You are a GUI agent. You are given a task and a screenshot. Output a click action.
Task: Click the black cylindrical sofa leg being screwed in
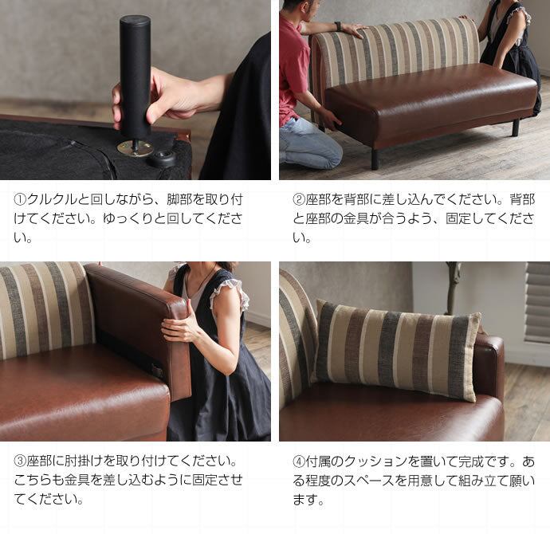coord(135,76)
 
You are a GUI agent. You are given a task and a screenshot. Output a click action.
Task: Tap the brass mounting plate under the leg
coord(136,148)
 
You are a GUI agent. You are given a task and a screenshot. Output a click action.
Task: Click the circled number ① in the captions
coord(21,199)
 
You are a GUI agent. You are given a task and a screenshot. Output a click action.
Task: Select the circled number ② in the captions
coord(299,199)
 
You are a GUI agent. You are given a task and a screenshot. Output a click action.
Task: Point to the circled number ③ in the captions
coord(21,461)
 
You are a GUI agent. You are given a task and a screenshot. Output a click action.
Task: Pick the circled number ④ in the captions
coord(299,461)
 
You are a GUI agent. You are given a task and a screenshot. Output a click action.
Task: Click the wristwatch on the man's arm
coord(338,26)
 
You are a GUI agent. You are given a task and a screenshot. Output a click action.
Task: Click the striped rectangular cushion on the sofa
coord(396,349)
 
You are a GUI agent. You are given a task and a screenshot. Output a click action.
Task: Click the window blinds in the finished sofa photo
coord(537,302)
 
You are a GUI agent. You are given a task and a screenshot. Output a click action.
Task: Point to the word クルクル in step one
coord(52,199)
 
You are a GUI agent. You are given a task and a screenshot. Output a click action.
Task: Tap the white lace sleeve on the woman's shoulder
coord(230,292)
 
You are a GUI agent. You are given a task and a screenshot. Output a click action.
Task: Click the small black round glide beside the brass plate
coord(162,159)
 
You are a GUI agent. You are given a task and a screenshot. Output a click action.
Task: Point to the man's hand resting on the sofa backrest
coord(354,31)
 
